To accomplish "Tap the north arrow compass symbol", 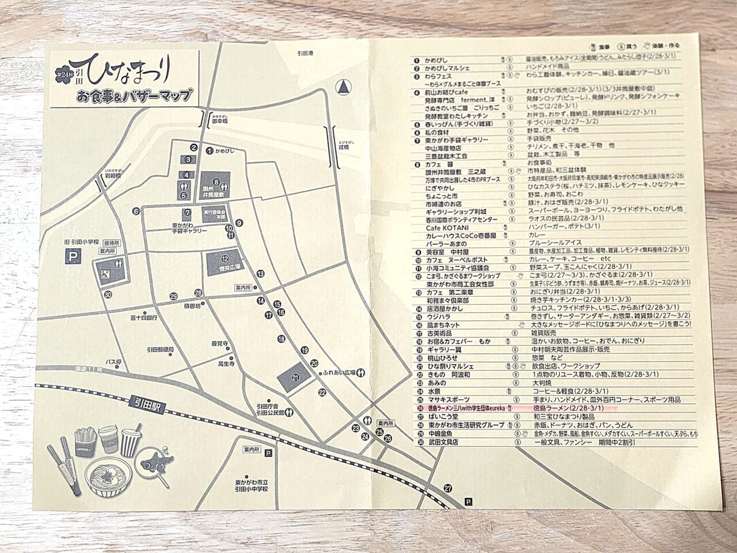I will (344, 87).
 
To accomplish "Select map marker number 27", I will (448, 488).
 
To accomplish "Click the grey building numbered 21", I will (295, 378).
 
